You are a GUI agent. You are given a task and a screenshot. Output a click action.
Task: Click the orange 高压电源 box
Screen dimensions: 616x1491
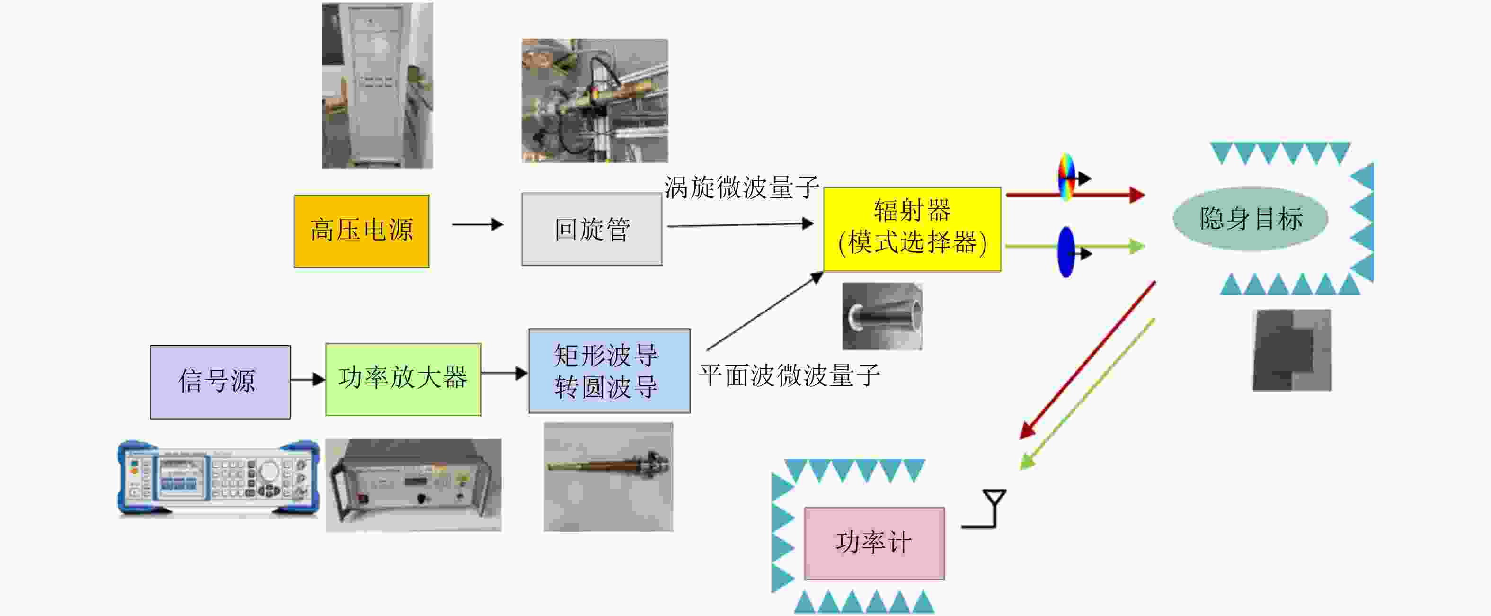coord(362,231)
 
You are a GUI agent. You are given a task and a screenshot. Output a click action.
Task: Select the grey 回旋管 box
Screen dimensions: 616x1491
coord(592,229)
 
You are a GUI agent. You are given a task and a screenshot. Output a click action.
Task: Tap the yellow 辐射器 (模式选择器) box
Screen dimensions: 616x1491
coord(912,229)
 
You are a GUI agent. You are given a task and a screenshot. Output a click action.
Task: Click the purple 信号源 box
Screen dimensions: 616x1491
coord(220,382)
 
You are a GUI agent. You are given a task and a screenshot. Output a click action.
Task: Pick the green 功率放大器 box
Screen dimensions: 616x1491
coord(403,379)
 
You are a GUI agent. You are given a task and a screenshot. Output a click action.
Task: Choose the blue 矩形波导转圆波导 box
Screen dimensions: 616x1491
coord(609,371)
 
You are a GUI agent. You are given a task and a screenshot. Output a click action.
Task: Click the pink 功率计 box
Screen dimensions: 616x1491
coord(874,543)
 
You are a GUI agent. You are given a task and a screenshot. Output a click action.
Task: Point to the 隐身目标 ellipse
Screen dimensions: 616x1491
coord(1250,219)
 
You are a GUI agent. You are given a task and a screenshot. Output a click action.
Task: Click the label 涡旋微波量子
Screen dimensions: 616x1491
coord(741,187)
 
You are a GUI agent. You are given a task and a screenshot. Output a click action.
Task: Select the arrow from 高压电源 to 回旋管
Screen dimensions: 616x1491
coord(477,224)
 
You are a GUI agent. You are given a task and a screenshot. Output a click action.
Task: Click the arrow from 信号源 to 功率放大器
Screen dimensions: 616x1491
coord(307,380)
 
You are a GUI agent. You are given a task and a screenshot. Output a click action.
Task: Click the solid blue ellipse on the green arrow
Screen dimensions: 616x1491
coord(1065,252)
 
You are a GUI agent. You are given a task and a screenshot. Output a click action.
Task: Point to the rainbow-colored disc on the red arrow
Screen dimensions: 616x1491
coord(1066,177)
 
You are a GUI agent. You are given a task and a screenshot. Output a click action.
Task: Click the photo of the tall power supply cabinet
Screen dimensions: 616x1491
coord(377,86)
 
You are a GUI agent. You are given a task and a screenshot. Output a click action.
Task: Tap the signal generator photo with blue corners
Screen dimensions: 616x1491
coord(219,478)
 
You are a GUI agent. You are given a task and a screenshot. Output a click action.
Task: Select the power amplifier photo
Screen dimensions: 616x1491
coord(413,485)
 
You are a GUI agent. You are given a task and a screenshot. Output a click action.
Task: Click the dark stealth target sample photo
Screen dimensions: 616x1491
coord(1292,350)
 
